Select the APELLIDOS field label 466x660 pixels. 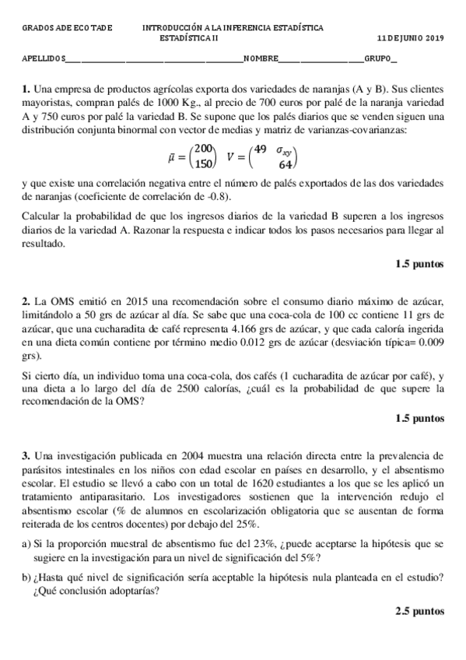(44, 59)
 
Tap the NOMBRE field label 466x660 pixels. (260, 59)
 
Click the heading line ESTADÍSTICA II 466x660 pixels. (190, 37)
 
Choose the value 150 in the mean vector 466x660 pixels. (205, 163)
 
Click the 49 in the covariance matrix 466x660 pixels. (260, 149)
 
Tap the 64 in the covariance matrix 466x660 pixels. (286, 164)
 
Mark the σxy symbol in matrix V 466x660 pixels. (284, 149)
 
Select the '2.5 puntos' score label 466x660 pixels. (420, 612)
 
